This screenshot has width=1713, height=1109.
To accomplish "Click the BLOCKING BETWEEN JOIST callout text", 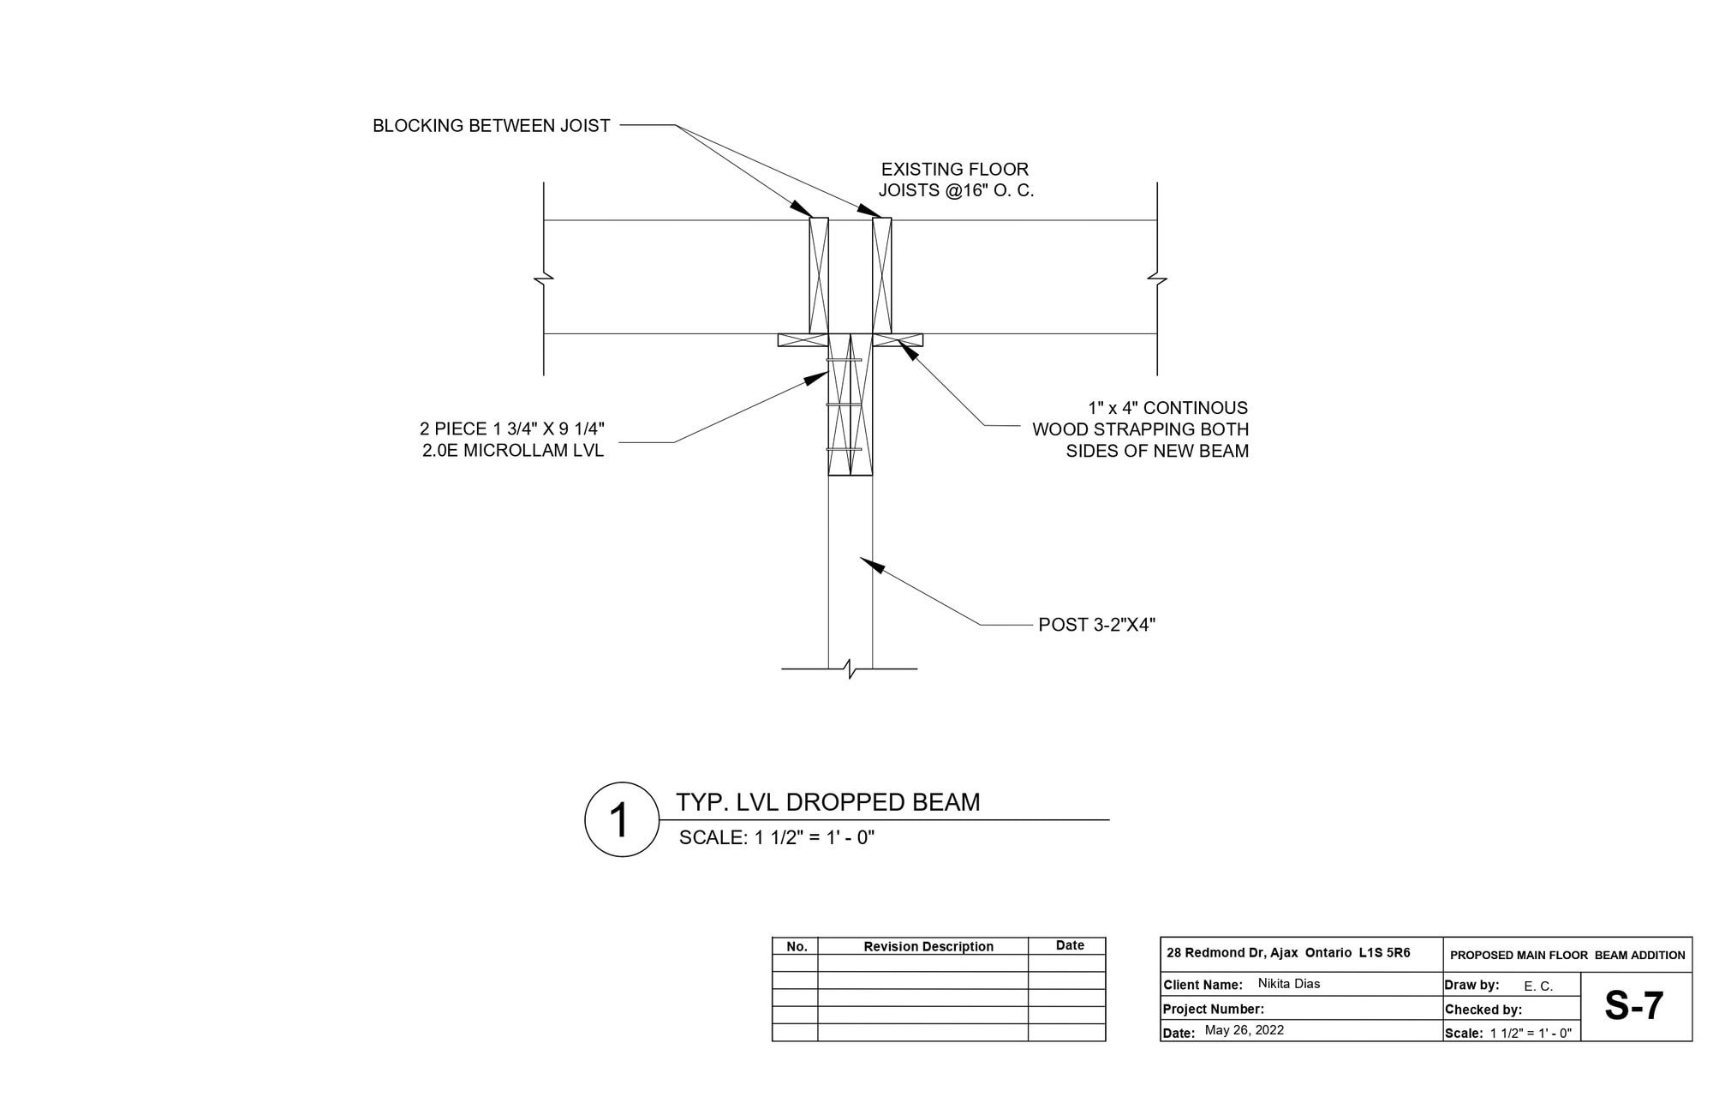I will [491, 126].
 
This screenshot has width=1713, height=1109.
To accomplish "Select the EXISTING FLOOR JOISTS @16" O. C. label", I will [956, 180].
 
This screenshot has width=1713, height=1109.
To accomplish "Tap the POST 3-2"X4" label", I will [1096, 625].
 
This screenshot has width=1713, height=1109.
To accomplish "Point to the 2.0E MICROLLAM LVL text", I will [512, 451].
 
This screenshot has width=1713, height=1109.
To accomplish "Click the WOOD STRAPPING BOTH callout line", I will [1140, 429].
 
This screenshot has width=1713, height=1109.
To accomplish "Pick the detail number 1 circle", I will [621, 819].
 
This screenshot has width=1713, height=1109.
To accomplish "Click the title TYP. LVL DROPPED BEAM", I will [827, 802].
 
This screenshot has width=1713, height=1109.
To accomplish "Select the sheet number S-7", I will [1633, 1006].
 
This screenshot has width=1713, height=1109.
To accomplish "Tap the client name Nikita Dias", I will [1288, 984].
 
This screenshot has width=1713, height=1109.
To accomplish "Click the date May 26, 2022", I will [1244, 1030].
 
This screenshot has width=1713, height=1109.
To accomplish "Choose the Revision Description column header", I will [928, 947].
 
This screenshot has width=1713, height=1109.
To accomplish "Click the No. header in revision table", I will [797, 947].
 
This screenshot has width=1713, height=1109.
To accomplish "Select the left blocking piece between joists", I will [819, 275].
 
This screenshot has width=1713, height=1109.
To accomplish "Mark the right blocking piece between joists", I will [882, 275].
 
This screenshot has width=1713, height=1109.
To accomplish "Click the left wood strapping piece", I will [802, 340].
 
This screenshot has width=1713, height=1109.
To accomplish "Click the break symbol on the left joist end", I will [544, 278].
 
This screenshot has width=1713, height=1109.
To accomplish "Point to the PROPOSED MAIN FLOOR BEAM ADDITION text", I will [1567, 955].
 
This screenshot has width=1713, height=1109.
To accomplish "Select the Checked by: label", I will [1483, 1010].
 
